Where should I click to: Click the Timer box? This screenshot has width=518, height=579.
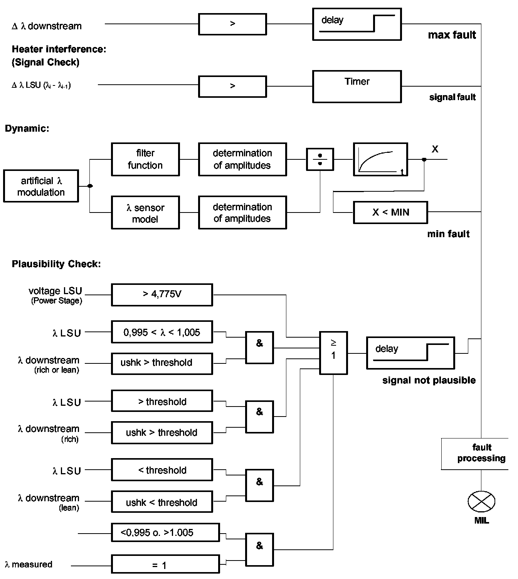357,86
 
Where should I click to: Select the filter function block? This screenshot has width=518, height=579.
145,159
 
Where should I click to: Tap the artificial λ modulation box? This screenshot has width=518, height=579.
41,186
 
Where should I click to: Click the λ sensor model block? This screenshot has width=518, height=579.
145,213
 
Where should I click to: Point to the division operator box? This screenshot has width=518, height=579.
320,159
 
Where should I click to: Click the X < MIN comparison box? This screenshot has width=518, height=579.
390,212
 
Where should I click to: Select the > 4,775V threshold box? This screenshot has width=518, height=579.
162,295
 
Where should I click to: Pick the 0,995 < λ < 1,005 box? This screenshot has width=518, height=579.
162,332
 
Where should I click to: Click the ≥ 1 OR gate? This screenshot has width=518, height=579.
333,353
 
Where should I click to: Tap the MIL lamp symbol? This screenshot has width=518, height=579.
481,502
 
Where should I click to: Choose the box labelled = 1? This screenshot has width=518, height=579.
165,564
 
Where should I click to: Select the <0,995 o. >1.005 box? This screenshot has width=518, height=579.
165,533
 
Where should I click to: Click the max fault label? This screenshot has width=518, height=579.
452,35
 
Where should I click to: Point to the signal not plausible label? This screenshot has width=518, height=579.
429,380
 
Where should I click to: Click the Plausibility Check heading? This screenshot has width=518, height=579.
56,264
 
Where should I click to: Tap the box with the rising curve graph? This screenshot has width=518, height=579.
380,159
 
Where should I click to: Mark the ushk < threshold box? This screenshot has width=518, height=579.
162,502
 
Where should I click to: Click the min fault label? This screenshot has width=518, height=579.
448,234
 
